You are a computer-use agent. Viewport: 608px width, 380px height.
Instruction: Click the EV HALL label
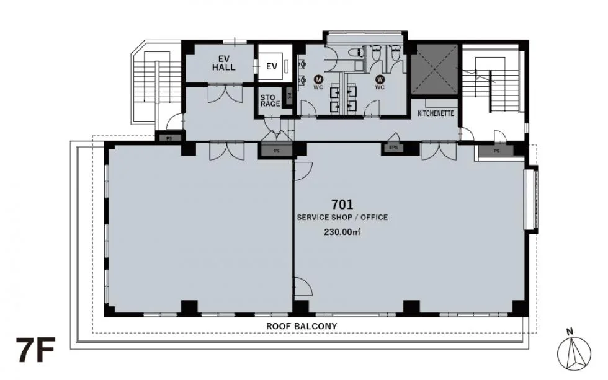(224, 63)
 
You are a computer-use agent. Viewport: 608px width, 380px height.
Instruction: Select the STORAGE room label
(270, 100)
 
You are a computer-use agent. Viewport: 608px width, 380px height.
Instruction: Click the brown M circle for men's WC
(318, 79)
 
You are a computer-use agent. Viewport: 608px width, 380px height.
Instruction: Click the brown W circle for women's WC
(380, 79)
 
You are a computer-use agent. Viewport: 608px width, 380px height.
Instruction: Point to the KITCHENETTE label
(436, 113)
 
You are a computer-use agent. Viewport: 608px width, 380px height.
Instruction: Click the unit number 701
(342, 204)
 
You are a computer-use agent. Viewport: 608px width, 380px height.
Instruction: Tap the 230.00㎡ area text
(342, 232)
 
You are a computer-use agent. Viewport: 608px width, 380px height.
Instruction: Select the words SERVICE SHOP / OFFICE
(342, 218)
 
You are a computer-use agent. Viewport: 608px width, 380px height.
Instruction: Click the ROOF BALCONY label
(302, 326)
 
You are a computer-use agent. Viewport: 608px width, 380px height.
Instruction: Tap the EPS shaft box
(393, 148)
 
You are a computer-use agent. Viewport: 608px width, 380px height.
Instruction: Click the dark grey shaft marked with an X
(435, 69)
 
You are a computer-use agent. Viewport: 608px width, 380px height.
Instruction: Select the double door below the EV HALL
(225, 94)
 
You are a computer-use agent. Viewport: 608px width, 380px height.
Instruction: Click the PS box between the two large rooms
(276, 151)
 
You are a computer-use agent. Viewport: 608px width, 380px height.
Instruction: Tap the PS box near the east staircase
(496, 151)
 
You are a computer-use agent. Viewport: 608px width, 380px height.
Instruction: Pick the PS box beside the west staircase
(169, 138)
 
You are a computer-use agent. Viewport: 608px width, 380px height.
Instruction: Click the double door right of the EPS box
(439, 151)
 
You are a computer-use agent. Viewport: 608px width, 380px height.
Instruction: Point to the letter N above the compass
(570, 332)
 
